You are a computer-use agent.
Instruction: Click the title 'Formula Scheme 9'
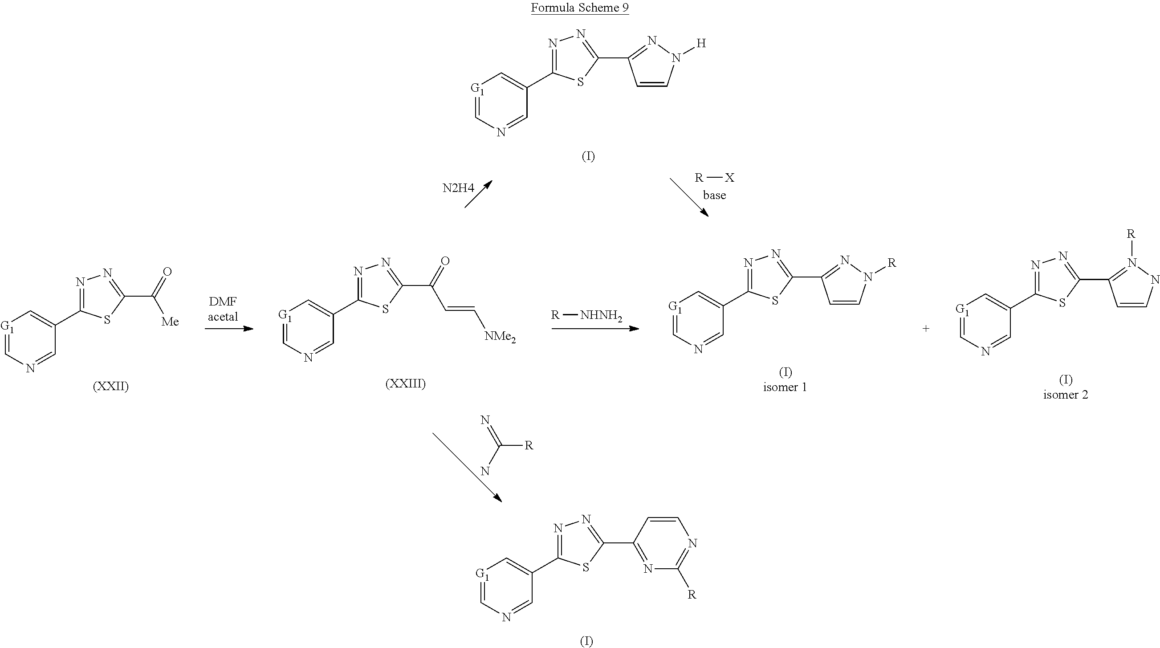tap(579, 8)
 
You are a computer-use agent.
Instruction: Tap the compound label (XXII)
tap(111, 387)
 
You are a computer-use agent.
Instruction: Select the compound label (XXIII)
tap(405, 383)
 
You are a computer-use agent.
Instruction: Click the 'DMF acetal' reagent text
tap(223, 309)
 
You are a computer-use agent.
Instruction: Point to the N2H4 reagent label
tap(458, 188)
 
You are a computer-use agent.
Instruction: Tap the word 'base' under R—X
tap(714, 196)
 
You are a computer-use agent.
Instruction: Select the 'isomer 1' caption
tap(785, 387)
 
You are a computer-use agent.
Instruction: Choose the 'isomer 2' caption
tap(1066, 395)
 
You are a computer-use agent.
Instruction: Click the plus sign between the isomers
tap(926, 329)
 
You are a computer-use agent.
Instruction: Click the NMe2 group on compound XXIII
tap(500, 337)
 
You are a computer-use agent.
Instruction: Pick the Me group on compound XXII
tap(170, 322)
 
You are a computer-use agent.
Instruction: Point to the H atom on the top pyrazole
tap(701, 44)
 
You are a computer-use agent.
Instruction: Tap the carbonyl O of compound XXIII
tap(445, 261)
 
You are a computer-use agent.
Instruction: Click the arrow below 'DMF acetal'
tap(229, 329)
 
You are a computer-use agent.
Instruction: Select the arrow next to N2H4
tap(478, 194)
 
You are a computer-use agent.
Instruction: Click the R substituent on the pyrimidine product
tap(692, 595)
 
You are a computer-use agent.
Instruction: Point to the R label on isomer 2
tap(1130, 234)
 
